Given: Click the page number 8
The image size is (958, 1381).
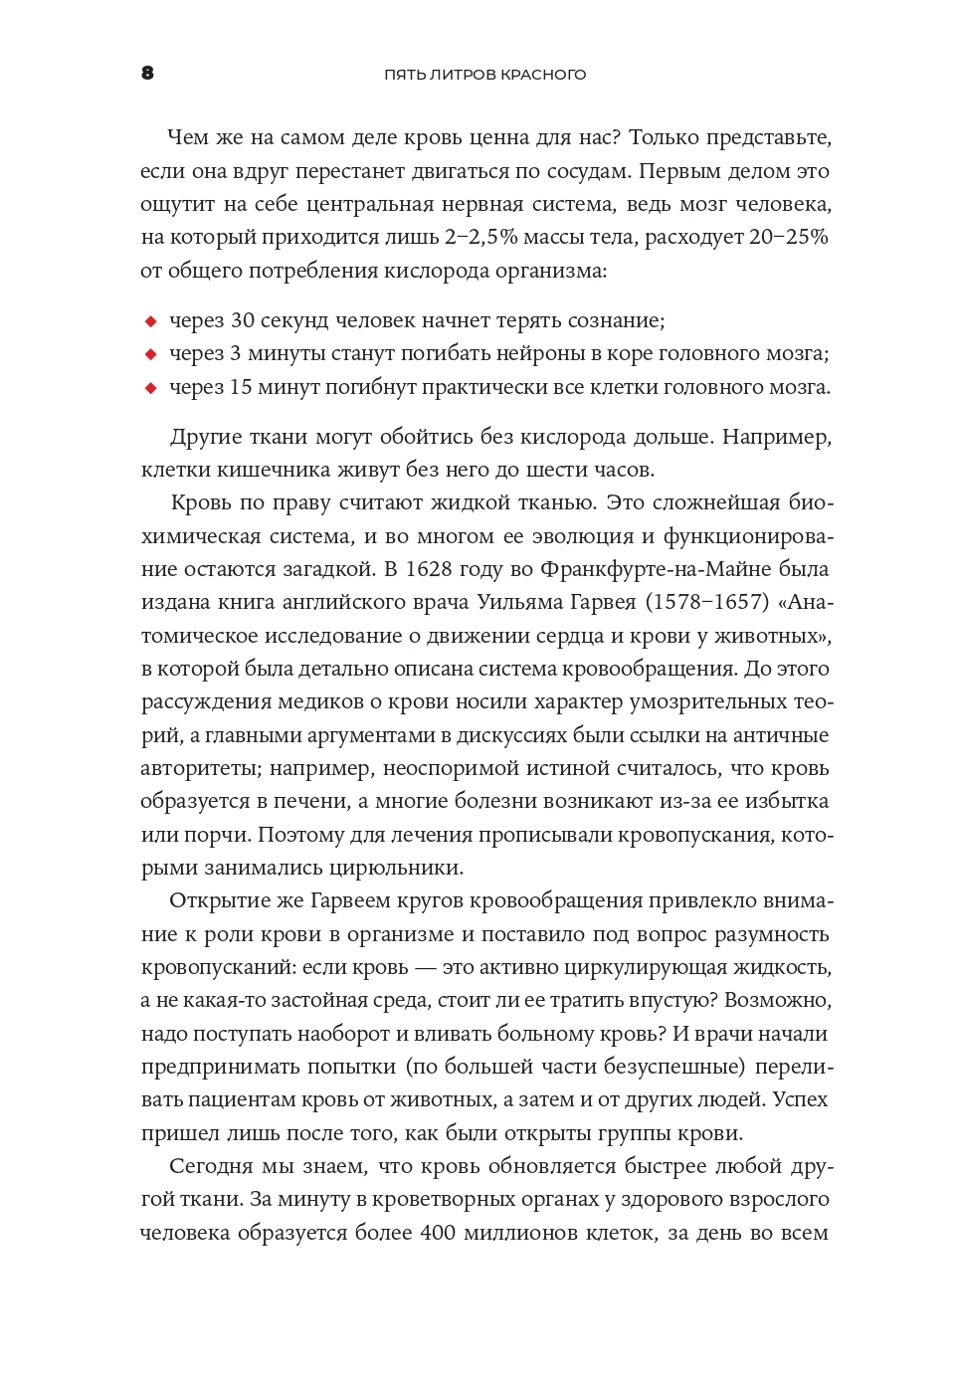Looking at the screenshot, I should [x=147, y=73].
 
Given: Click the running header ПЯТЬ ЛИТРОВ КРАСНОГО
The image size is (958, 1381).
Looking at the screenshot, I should [x=484, y=75].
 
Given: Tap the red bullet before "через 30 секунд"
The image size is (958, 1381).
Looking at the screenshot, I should [x=150, y=321].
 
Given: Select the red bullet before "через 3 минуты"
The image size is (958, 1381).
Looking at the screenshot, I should [x=150, y=354].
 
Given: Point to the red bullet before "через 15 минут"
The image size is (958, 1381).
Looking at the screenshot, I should [x=150, y=388].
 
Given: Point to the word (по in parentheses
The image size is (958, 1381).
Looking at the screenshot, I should [x=422, y=1067].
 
